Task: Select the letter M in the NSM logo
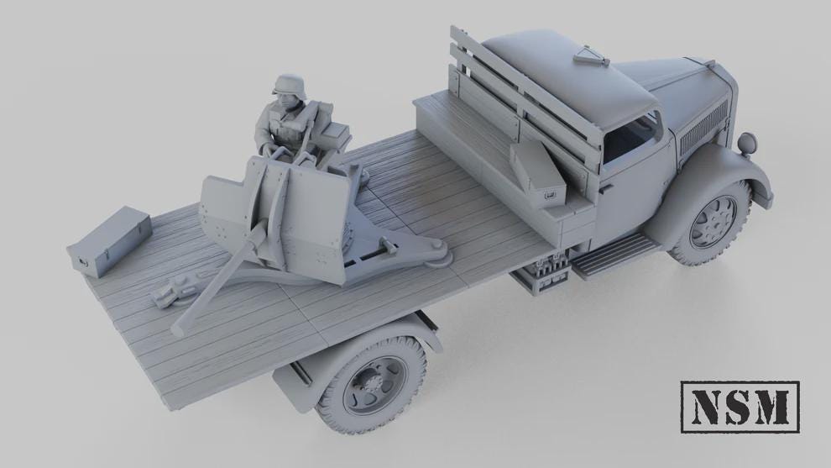click(774, 407)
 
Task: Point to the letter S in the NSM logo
click(739, 407)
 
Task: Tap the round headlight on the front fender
click(746, 142)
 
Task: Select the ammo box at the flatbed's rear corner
click(109, 241)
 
